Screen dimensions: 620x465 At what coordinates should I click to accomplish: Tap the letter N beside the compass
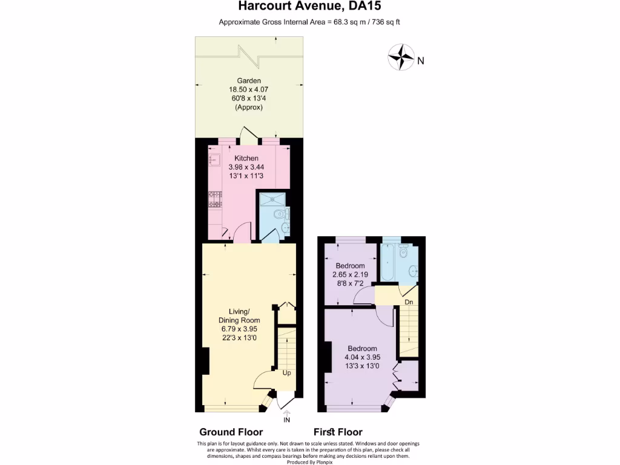pos(421,60)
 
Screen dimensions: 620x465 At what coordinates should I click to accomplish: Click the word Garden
pos(249,81)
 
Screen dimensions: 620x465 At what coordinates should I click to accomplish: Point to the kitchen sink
pos(214,160)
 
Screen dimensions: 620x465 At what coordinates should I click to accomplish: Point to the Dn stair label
pos(409,302)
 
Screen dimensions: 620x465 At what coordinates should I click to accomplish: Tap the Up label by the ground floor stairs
pos(287,373)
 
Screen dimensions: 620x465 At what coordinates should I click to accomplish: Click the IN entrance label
pos(287,420)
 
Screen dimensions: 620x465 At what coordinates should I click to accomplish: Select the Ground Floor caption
pos(231,432)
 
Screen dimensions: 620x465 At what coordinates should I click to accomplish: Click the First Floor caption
pos(338,432)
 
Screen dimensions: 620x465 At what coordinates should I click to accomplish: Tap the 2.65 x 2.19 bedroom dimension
pos(351,274)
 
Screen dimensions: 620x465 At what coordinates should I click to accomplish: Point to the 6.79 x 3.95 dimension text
pos(239,329)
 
